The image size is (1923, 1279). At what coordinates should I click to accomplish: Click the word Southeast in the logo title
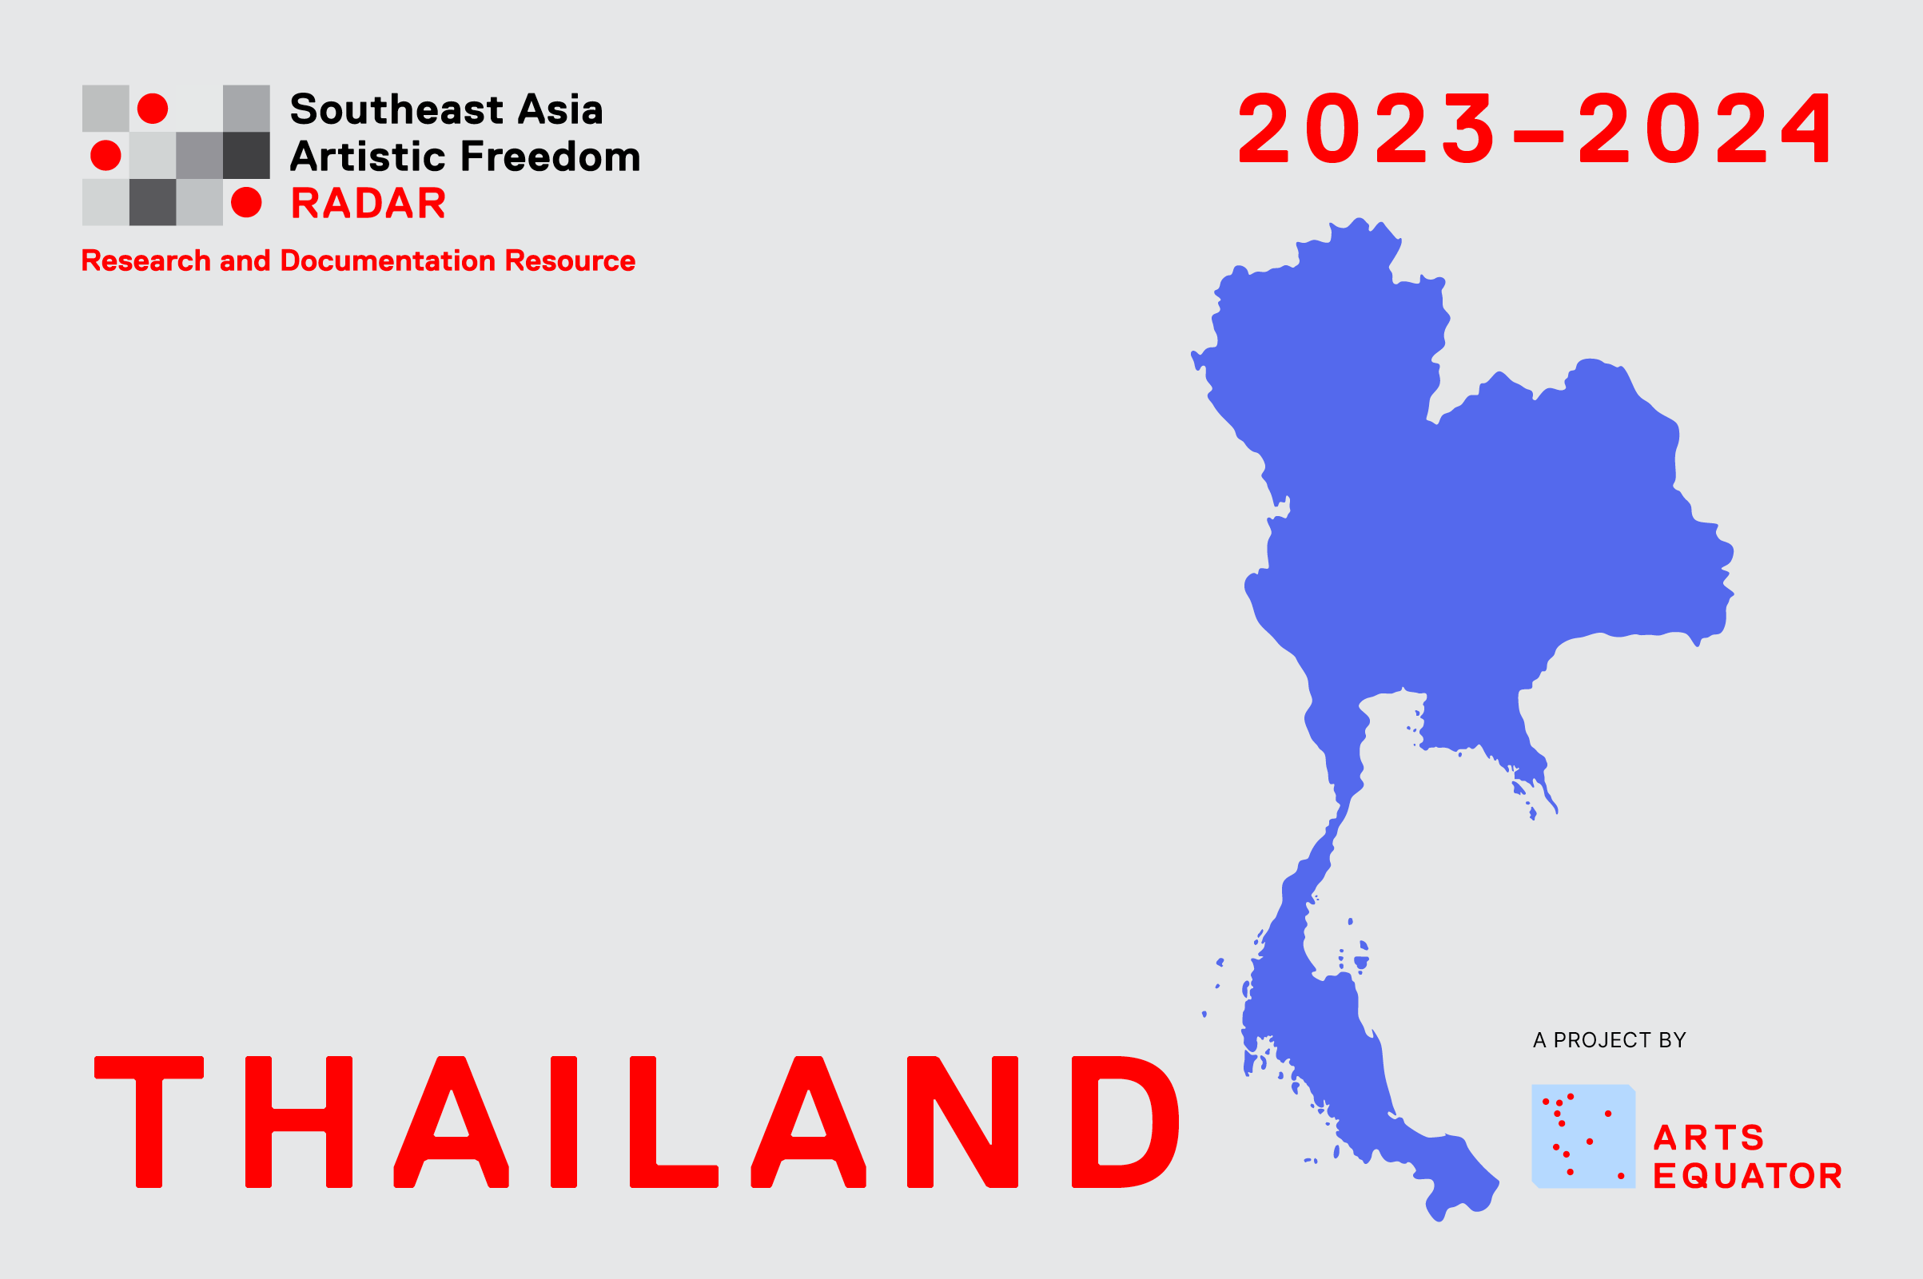[396, 109]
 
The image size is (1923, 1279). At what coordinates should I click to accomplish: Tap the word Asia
[560, 109]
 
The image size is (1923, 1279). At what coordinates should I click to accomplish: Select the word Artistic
[371, 156]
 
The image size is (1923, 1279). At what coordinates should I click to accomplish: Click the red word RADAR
[368, 203]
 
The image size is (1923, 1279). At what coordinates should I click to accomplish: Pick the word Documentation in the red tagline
[388, 260]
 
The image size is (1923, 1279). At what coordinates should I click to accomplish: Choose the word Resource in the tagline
[570, 260]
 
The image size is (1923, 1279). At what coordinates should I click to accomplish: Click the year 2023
[1368, 127]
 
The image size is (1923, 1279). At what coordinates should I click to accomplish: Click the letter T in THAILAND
[149, 1122]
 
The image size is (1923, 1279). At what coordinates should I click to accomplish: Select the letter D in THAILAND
[1126, 1122]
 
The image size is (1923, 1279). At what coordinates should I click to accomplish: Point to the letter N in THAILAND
[963, 1122]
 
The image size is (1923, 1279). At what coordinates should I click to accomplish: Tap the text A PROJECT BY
[1609, 1040]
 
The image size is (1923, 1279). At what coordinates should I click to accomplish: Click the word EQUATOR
[1748, 1175]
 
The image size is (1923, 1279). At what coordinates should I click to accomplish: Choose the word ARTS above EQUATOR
[1709, 1137]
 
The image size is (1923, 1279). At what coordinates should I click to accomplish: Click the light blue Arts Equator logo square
[1583, 1136]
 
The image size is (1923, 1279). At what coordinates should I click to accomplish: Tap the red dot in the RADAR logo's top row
[153, 109]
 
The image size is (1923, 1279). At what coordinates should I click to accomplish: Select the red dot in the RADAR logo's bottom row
[246, 202]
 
